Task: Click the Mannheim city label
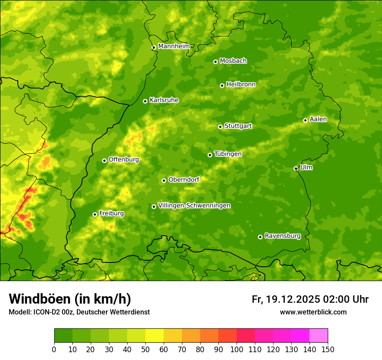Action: pos(174,46)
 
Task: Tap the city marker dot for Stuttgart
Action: pos(220,127)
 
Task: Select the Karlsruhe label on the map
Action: pos(164,100)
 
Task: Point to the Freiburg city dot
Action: pos(95,214)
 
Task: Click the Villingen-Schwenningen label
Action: pos(194,206)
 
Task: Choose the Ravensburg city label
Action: pos(282,236)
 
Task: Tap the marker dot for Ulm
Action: pos(296,168)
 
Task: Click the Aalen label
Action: pos(318,119)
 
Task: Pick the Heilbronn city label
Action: pos(241,85)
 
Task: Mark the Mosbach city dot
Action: pos(215,62)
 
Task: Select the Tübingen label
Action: pos(228,154)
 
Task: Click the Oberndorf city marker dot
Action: pos(164,180)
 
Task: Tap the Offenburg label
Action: pos(124,160)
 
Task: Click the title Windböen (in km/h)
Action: pos(69,299)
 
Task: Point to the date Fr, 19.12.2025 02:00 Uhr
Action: pos(310,299)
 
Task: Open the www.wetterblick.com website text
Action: pos(313,312)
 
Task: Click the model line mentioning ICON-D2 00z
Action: pos(79,312)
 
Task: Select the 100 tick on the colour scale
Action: pos(237,349)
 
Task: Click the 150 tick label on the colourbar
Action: pos(328,349)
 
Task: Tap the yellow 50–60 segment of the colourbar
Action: pos(155,335)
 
